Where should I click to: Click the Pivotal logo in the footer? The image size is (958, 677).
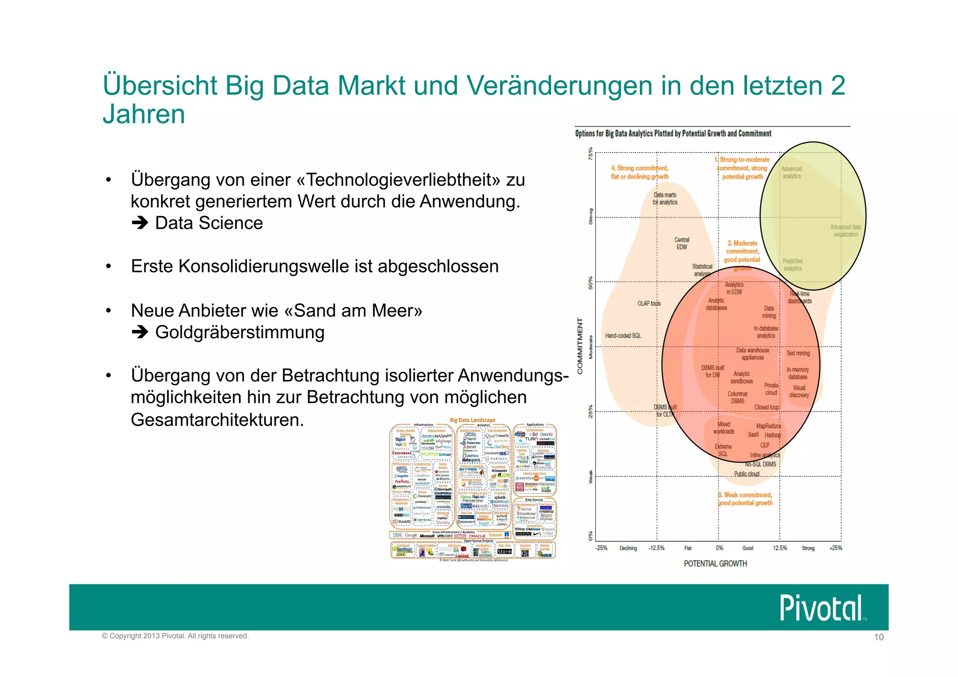click(821, 607)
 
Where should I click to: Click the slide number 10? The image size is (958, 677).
click(878, 637)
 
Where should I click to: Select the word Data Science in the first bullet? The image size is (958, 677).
click(209, 223)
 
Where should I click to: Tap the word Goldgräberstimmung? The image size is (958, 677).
click(239, 332)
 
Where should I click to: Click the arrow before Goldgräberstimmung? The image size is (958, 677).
click(139, 332)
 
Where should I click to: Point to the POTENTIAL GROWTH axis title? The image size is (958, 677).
click(715, 564)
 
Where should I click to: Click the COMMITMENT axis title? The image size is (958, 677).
click(580, 346)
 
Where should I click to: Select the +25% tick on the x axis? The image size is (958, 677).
click(835, 548)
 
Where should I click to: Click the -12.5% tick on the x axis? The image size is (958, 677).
click(656, 548)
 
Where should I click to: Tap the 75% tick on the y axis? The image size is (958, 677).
click(590, 154)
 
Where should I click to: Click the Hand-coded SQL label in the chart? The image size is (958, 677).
click(623, 335)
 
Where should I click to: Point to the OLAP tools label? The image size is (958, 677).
click(649, 303)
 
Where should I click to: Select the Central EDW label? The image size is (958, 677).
click(682, 243)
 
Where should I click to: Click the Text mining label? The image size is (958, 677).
click(798, 353)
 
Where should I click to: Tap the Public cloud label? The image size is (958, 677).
click(746, 474)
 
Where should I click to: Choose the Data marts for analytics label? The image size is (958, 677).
click(665, 198)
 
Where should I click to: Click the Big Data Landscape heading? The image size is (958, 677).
click(472, 420)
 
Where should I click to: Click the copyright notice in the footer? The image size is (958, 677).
click(175, 636)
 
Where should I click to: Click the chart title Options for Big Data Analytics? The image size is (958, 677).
click(673, 133)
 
